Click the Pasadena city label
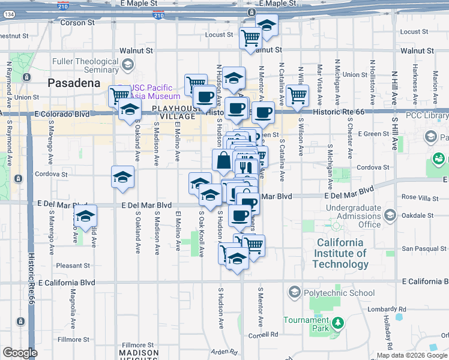tap(74, 83)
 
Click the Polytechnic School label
tap(339, 293)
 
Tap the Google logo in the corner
tap(20, 353)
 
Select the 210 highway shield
tap(158, 16)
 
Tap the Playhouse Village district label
tap(174, 112)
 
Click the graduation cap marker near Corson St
tap(266, 26)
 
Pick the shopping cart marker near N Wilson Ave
tap(297, 95)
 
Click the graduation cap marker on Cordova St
tap(122, 178)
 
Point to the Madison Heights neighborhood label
tap(138, 354)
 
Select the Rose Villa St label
tap(417, 197)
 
